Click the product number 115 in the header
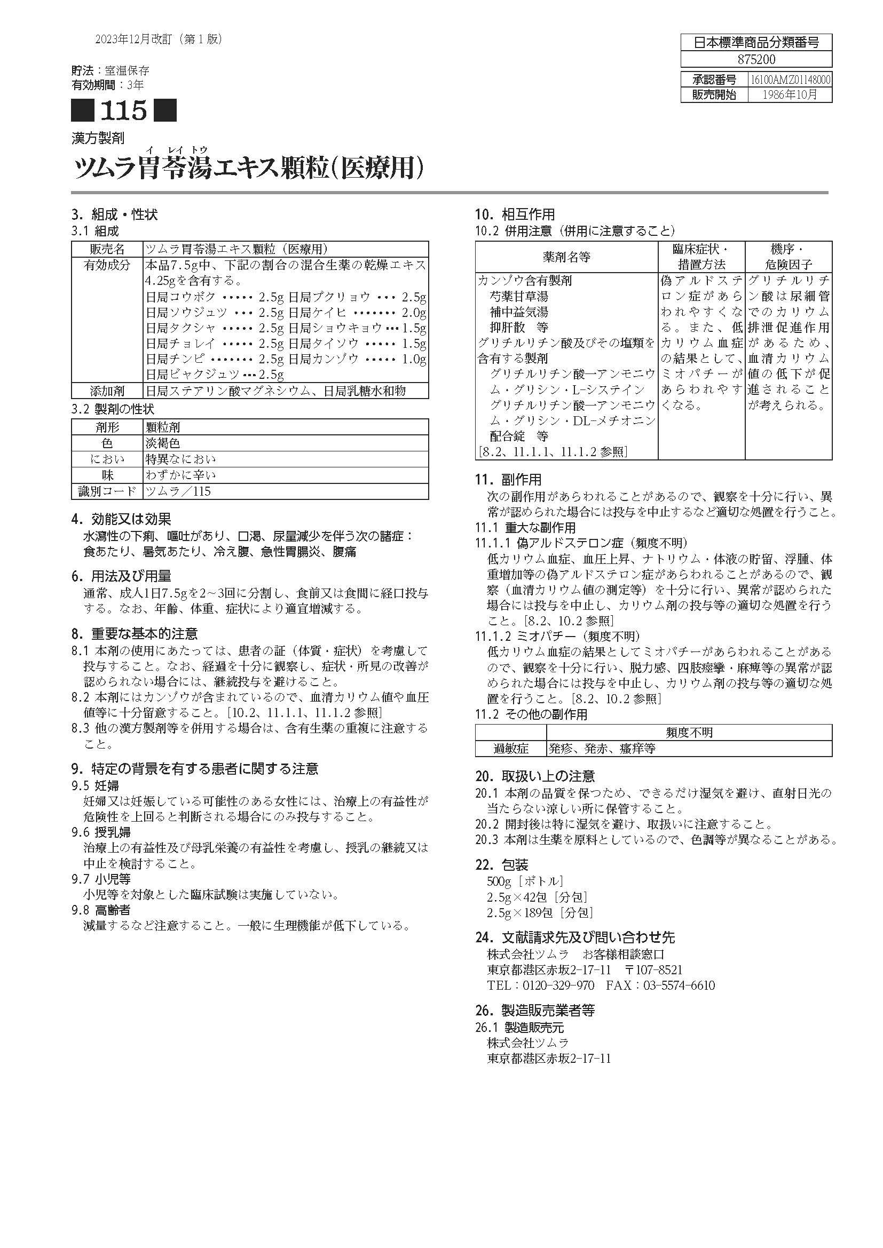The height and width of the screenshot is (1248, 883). click(x=123, y=111)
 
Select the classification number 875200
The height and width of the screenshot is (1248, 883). click(x=756, y=59)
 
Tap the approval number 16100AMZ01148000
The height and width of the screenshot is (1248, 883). click(x=790, y=80)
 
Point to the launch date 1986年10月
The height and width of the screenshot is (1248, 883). click(x=790, y=94)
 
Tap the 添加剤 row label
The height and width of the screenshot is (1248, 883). click(x=107, y=391)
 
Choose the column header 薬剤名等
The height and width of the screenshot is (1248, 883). click(x=566, y=257)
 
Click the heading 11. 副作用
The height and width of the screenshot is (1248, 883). click(x=508, y=480)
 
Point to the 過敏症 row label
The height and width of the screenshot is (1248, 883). click(x=510, y=749)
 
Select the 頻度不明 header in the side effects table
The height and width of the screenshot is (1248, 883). click(x=689, y=733)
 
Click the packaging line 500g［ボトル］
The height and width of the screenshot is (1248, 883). click(x=525, y=881)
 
